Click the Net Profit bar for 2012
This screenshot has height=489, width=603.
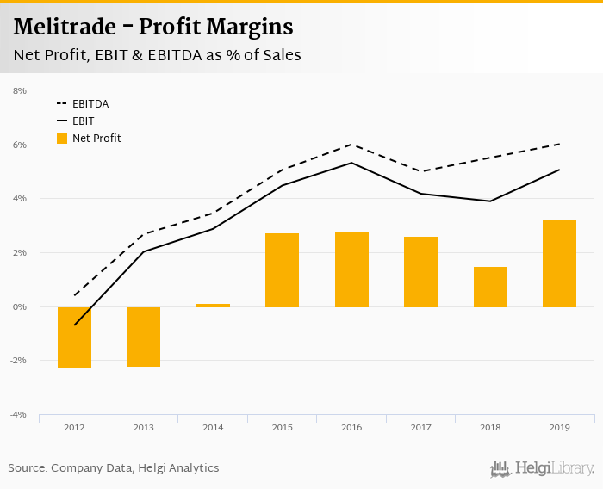[74, 337]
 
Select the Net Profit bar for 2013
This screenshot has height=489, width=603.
[143, 337]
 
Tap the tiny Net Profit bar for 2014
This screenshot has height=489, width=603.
[213, 305]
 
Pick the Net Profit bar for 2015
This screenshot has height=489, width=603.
[282, 270]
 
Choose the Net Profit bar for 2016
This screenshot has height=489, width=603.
[351, 269]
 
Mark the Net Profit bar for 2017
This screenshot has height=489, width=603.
[420, 272]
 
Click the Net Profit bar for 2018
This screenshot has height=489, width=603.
[490, 287]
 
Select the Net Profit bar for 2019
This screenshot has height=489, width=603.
[559, 263]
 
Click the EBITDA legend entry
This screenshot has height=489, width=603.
[90, 104]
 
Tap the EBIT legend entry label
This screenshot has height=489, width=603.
[83, 121]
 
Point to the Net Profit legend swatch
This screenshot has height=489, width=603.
[61, 138]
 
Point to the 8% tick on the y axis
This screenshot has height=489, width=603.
[20, 90]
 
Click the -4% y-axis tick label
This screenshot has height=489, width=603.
[18, 415]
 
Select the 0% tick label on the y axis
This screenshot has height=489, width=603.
[20, 306]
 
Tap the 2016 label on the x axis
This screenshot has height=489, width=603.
[351, 426]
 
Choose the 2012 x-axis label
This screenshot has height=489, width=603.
[74, 426]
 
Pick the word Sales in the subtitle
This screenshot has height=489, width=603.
[282, 55]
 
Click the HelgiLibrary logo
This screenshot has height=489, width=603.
[543, 469]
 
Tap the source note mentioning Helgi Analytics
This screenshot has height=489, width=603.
[114, 468]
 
